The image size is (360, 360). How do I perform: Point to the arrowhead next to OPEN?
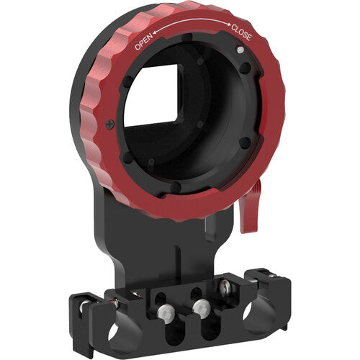pos(160,32)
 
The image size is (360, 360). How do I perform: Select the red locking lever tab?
pos(250,213)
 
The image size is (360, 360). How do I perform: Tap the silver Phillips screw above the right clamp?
pos(227,288)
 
